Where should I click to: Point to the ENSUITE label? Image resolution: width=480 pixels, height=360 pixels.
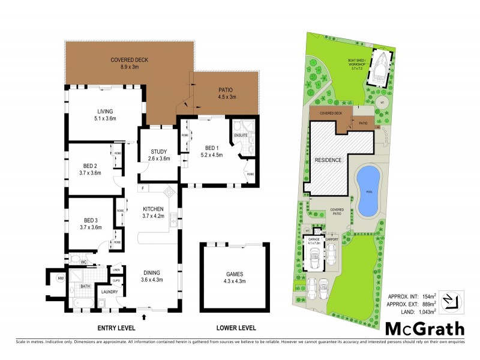point(241,135)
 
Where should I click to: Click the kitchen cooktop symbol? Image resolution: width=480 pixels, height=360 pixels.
point(169,192)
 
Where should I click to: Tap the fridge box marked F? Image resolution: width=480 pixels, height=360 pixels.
point(143,189)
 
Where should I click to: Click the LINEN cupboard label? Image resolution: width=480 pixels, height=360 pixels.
point(116,270)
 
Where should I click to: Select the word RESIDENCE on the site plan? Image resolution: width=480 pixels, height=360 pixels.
point(328,161)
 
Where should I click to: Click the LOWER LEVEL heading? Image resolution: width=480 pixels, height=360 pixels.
point(236,328)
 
